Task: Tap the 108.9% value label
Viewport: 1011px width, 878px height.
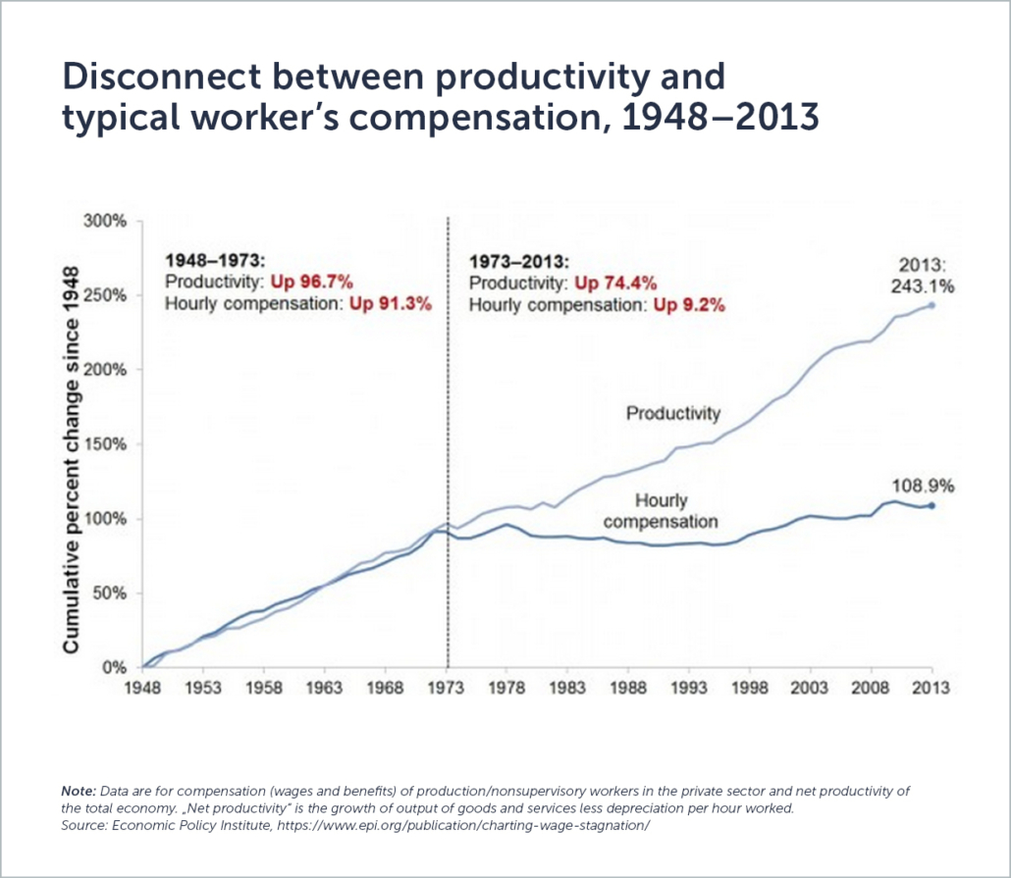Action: [x=923, y=486]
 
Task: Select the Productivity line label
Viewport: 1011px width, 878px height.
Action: [x=673, y=414]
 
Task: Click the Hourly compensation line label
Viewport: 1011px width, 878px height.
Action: [x=661, y=511]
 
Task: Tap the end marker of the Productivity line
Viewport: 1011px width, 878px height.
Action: [x=931, y=305]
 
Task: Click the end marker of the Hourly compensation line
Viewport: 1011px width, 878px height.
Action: [x=931, y=505]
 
